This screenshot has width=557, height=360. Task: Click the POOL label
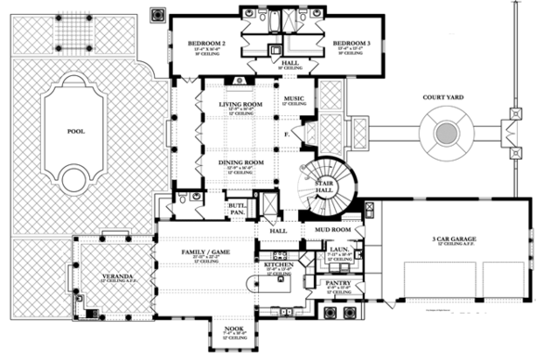pyautogui.click(x=75, y=131)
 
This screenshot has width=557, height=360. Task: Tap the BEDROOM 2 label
pyautogui.click(x=206, y=43)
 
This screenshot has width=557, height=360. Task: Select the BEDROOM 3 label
pyautogui.click(x=352, y=43)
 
